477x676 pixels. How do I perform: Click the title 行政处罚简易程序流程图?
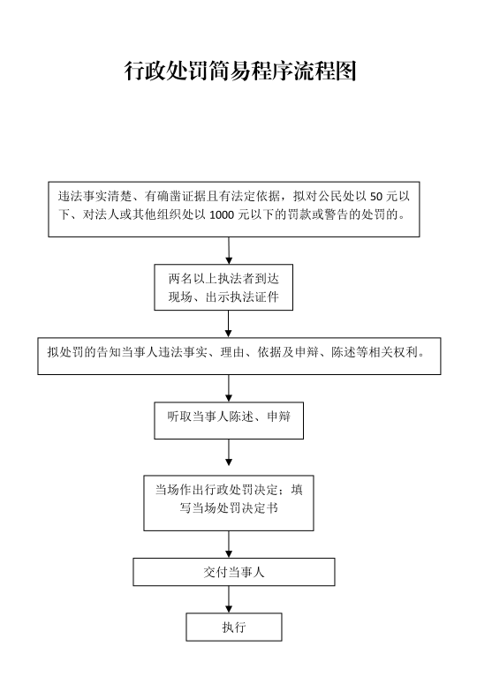pyautogui.click(x=240, y=71)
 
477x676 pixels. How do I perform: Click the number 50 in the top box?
pyautogui.click(x=376, y=197)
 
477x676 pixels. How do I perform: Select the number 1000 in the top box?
pyautogui.click(x=222, y=214)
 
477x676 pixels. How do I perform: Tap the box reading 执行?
pyautogui.click(x=234, y=627)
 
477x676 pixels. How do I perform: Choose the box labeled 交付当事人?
pyautogui.click(x=234, y=572)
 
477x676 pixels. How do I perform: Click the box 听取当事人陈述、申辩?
pyautogui.click(x=229, y=421)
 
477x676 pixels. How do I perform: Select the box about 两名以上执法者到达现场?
pyautogui.click(x=223, y=287)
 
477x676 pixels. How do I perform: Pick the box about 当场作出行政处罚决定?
pyautogui.click(x=229, y=503)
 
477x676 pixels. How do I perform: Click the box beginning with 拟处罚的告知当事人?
pyautogui.click(x=239, y=357)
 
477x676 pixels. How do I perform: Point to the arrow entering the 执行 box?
pyautogui.click(x=229, y=600)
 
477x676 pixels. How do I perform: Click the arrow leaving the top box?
pyautogui.click(x=229, y=251)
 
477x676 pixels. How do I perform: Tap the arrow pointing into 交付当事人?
pyautogui.click(x=229, y=545)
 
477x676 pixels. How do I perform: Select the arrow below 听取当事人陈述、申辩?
pyautogui.click(x=229, y=453)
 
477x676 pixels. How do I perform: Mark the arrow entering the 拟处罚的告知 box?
pyautogui.click(x=229, y=324)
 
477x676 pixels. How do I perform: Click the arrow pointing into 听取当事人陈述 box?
pyautogui.click(x=229, y=388)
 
